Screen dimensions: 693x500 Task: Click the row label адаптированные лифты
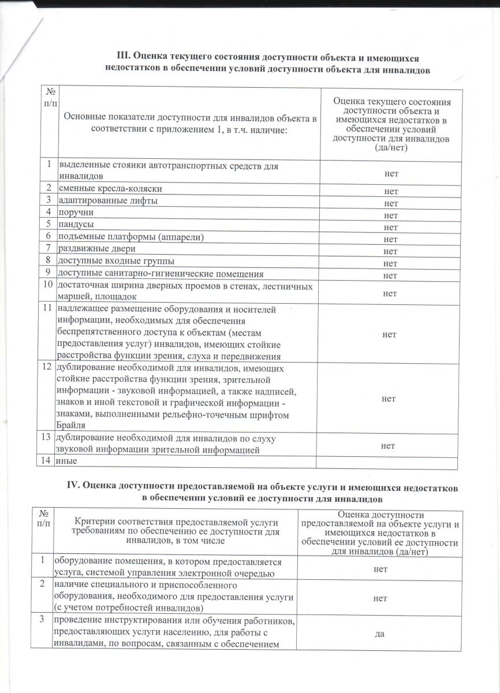pyautogui.click(x=108, y=200)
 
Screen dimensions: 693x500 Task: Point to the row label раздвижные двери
pyautogui.click(x=98, y=249)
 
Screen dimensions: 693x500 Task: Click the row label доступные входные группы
pyautogui.click(x=115, y=260)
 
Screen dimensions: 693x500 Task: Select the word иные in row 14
pyautogui.click(x=66, y=461)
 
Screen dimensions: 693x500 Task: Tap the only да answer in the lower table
pyautogui.click(x=380, y=634)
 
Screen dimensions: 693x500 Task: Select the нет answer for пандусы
pyautogui.click(x=391, y=226)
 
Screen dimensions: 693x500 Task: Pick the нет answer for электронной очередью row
pyautogui.click(x=380, y=569)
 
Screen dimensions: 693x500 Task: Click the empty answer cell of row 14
pyautogui.click(x=390, y=462)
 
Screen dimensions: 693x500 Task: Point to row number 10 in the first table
pyautogui.click(x=47, y=285)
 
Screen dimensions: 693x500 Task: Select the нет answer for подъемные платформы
pyautogui.click(x=391, y=239)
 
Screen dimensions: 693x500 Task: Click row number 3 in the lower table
pyautogui.click(x=42, y=619)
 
